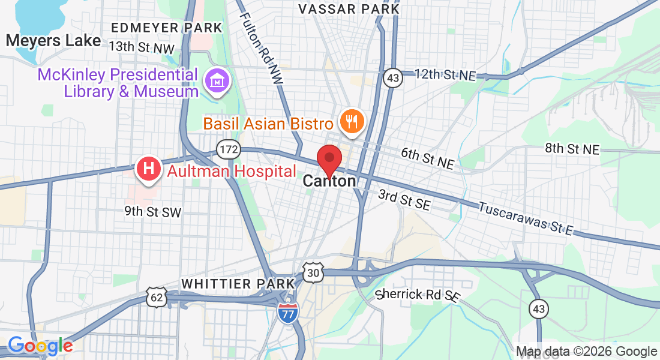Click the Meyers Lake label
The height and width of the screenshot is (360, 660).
coord(53,41)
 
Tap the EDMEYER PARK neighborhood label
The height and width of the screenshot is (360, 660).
coord(167,28)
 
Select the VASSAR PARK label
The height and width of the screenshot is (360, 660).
coord(349,9)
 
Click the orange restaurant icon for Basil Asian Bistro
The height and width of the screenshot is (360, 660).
coord(349,122)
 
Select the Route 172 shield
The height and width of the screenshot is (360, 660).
coord(229,149)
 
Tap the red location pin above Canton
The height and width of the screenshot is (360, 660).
coord(329,159)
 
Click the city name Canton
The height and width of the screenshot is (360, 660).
coord(329,181)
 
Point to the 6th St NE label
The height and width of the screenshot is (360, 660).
coord(427,158)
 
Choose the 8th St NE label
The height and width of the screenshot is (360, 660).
coord(572,149)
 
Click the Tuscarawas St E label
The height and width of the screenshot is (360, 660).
coord(526,218)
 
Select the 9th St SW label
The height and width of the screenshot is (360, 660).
coord(152,211)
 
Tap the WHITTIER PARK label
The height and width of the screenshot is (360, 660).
coord(238,283)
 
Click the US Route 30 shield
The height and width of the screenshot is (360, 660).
coord(313,272)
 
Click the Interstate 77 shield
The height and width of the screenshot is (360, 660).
coord(289,313)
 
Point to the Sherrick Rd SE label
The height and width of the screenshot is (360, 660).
coord(418,295)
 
